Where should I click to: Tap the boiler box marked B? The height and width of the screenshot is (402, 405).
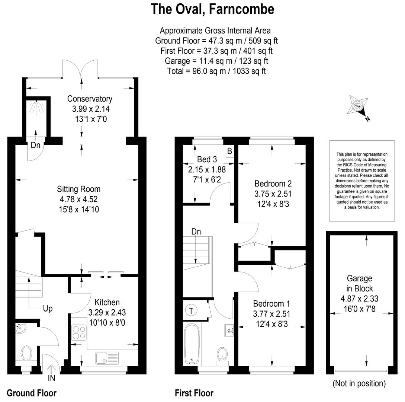click(x=229, y=151)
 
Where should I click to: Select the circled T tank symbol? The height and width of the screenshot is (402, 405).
click(x=191, y=310)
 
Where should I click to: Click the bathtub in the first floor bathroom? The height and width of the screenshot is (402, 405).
click(x=192, y=344)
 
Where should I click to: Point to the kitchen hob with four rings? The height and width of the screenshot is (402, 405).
click(x=79, y=333)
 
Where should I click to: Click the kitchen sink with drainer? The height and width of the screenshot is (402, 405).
click(x=107, y=358)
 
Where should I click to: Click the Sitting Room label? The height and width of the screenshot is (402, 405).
click(x=78, y=189)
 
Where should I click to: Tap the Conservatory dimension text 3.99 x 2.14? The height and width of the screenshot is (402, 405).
click(x=91, y=109)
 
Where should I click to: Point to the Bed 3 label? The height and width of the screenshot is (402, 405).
click(x=207, y=160)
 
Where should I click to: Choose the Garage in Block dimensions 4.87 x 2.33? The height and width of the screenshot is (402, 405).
click(x=360, y=299)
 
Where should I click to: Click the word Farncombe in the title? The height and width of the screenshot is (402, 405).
click(x=241, y=9)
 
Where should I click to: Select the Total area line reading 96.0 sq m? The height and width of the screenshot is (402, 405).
click(x=216, y=71)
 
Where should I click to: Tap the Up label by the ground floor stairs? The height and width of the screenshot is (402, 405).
click(x=48, y=309)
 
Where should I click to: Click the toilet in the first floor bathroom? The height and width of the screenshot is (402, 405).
click(x=222, y=356)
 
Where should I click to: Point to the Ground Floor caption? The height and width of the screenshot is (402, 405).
click(x=32, y=393)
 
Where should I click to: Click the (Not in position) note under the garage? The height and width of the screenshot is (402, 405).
click(x=359, y=383)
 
